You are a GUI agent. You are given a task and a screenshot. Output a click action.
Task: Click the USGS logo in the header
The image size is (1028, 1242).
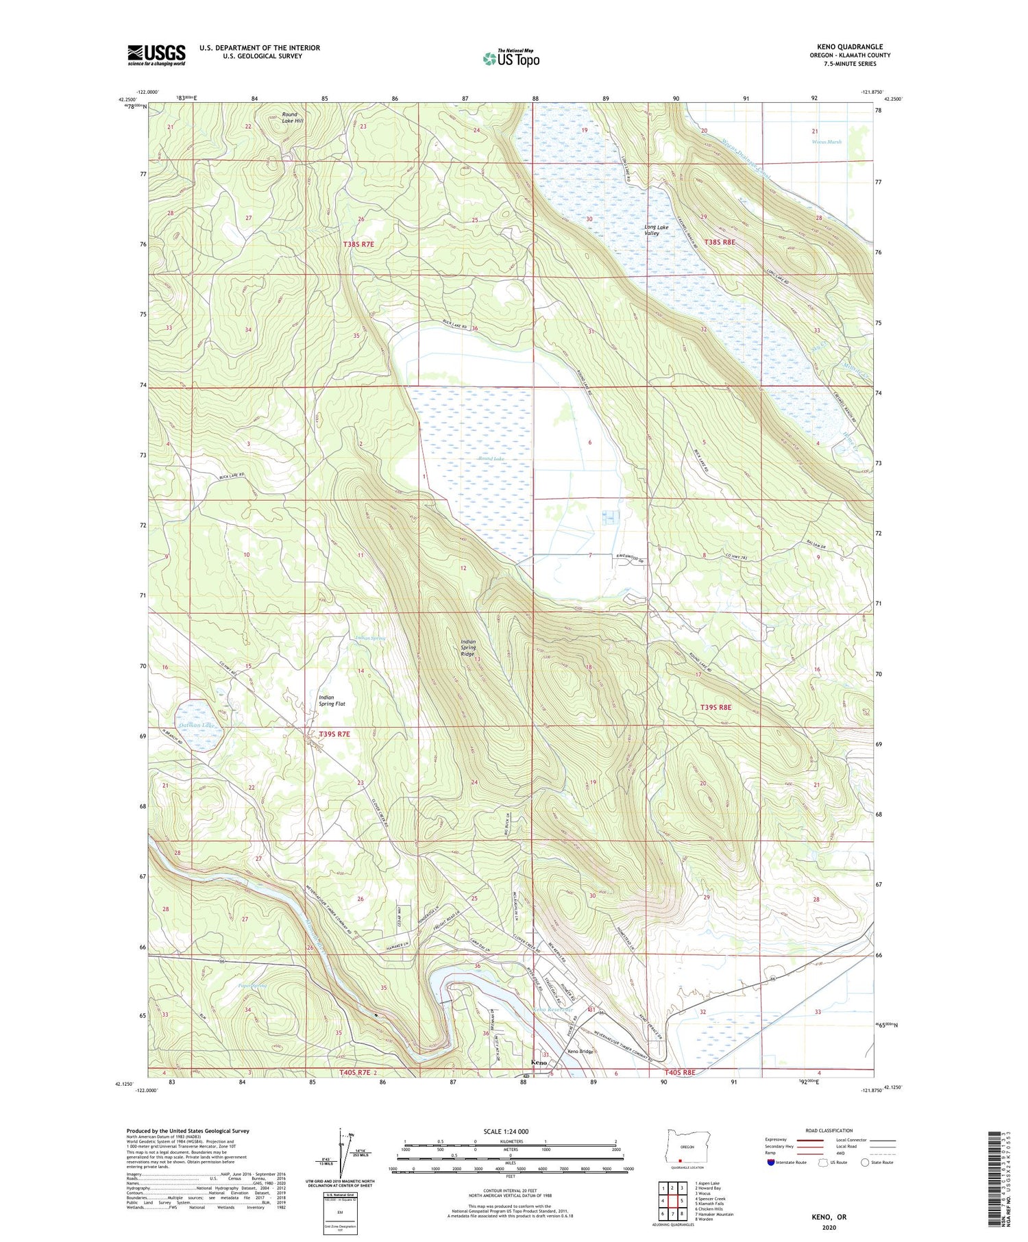pyautogui.click(x=156, y=55)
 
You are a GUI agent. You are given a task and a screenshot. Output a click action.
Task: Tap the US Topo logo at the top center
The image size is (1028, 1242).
pyautogui.click(x=511, y=58)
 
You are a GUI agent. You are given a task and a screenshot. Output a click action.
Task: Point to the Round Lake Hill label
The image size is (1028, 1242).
pyautogui.click(x=293, y=117)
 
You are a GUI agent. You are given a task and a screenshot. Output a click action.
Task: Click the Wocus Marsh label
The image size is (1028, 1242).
pyautogui.click(x=826, y=142)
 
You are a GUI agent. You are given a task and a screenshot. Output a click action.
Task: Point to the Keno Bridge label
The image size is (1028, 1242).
pyautogui.click(x=579, y=1052)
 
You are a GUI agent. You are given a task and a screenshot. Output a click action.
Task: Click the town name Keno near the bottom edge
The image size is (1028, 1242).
pyautogui.click(x=539, y=1063)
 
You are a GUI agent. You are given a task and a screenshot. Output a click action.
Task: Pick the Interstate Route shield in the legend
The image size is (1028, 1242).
pyautogui.click(x=771, y=1163)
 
